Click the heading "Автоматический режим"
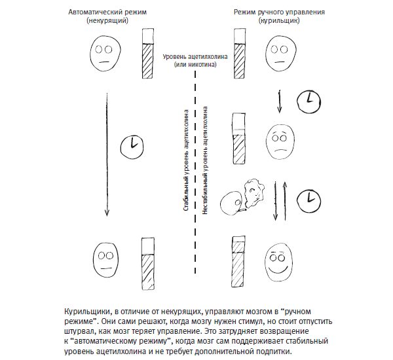point(106,12)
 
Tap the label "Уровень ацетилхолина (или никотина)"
point(195,60)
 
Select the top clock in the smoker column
point(307,100)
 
